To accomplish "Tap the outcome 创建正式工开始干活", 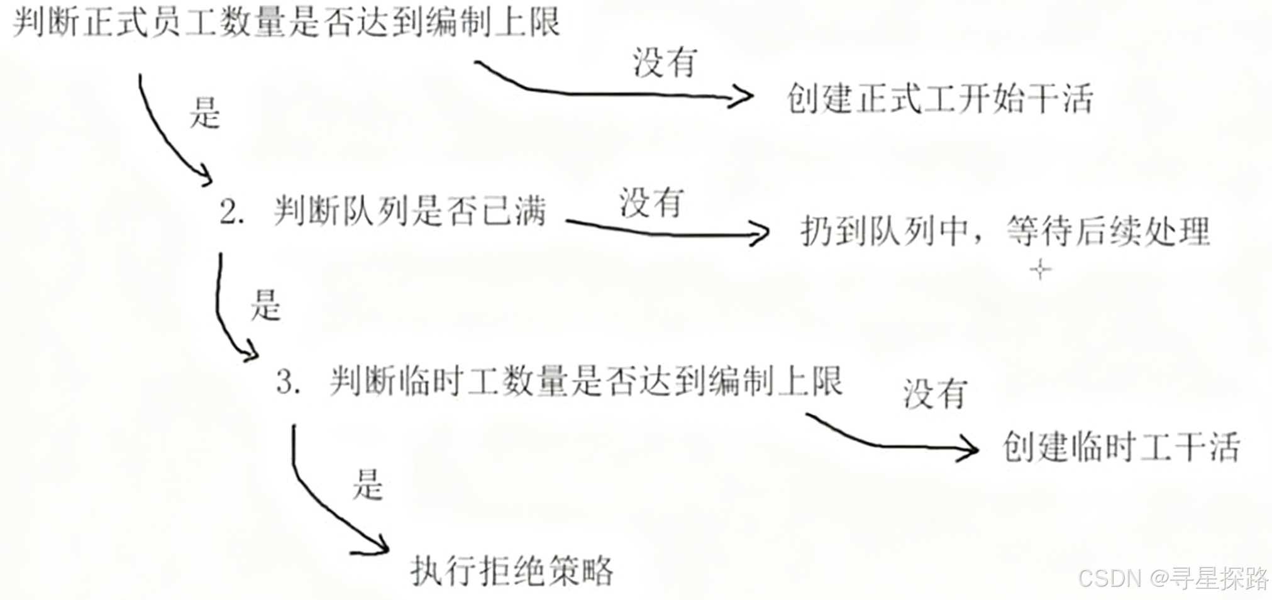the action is point(939,99).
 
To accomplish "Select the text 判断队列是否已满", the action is point(409,211).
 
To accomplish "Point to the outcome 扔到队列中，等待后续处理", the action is point(1005,231).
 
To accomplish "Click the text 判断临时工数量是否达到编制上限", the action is point(585,381).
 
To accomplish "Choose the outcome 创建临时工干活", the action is point(1120,448).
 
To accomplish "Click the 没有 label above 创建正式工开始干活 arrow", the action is point(665,63).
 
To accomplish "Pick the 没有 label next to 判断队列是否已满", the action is point(651,203).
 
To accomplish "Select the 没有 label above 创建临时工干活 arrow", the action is point(934,394).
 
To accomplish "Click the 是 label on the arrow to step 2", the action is point(205,114).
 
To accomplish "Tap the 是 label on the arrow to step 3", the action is point(265,306).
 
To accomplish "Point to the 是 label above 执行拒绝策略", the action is point(367,486).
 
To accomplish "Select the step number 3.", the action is point(287,382).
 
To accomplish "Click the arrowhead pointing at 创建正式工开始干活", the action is point(745,96).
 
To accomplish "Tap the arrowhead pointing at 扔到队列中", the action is point(761,235).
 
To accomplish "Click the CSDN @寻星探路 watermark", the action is point(1173,577).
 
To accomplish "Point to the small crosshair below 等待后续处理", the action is point(1041,270).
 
